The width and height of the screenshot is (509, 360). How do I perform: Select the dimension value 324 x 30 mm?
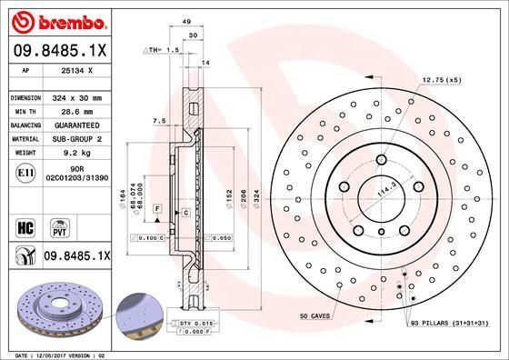[77, 97]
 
